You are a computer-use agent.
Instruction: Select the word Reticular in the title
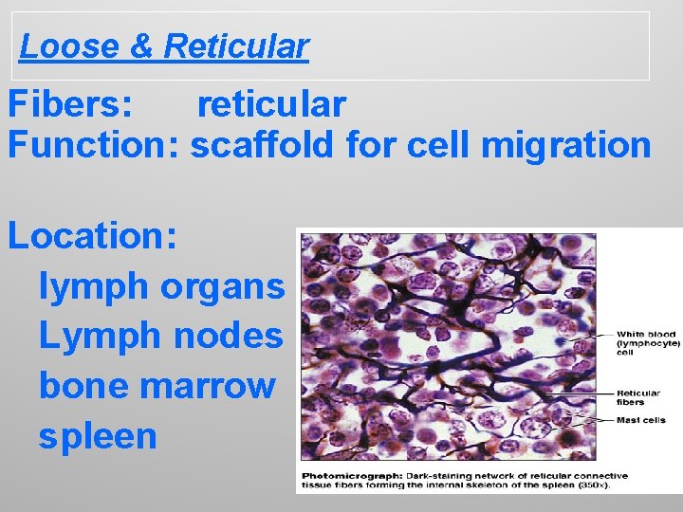[236, 46]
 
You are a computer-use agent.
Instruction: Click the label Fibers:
[70, 104]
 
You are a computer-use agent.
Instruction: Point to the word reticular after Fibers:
[271, 104]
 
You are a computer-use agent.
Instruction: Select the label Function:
[95, 146]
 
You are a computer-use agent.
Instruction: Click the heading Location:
[92, 236]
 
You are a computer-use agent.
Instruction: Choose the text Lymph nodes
[160, 335]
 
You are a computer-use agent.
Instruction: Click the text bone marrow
[157, 386]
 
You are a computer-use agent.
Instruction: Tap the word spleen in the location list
[97, 436]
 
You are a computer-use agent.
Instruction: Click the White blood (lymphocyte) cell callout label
[648, 342]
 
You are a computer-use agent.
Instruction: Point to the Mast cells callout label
[641, 419]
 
